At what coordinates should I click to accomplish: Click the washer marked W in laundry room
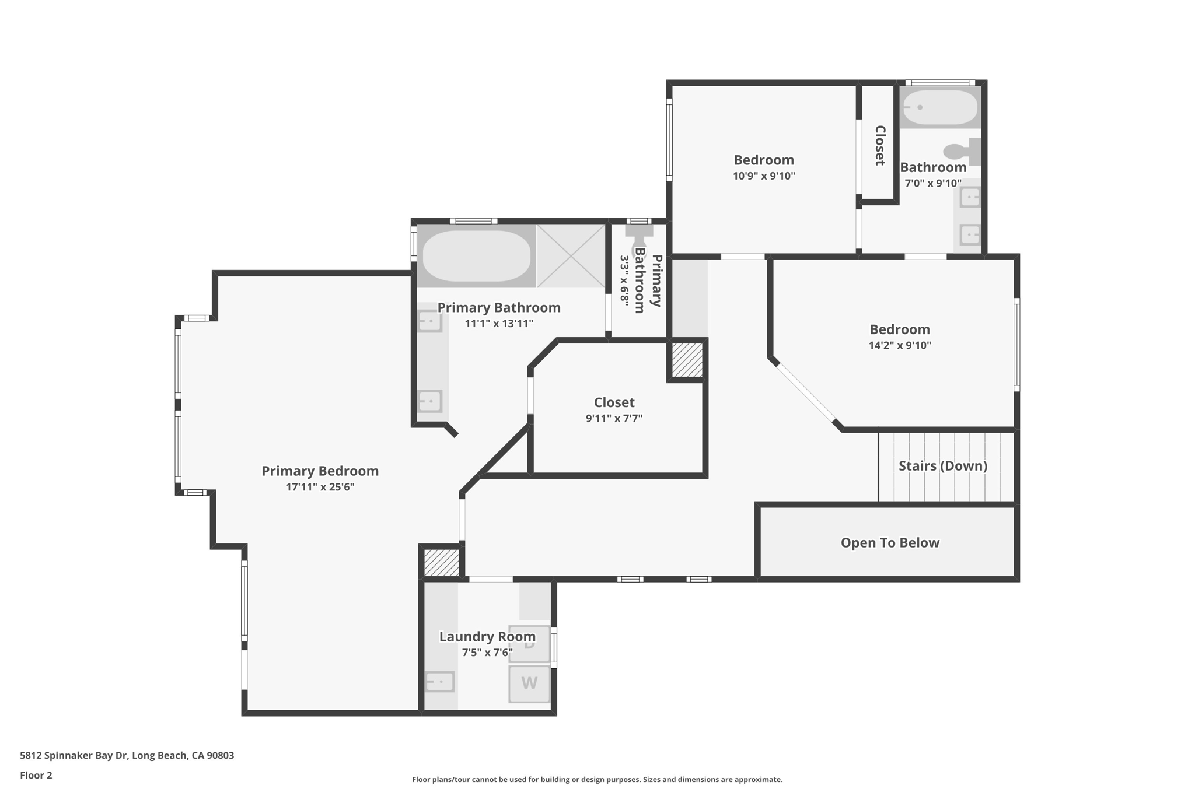[529, 683]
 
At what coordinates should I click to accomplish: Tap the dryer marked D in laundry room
[529, 644]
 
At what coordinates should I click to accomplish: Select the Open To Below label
[889, 543]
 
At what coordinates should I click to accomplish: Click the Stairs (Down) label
[942, 466]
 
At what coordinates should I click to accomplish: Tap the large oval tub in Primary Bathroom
[476, 256]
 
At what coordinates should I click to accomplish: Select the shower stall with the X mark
[571, 256]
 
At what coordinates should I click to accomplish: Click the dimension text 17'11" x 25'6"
[320, 487]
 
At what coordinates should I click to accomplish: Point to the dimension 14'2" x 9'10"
[899, 345]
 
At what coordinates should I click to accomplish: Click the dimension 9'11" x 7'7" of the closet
[614, 418]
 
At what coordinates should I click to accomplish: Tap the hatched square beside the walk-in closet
[687, 360]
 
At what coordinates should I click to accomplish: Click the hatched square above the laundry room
[441, 563]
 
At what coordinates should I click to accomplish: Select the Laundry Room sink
[439, 681]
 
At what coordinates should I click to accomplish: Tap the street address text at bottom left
[127, 755]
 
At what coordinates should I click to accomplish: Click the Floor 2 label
[36, 775]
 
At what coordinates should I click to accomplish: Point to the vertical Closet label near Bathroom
[880, 146]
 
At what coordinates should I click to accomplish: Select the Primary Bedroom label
[320, 471]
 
